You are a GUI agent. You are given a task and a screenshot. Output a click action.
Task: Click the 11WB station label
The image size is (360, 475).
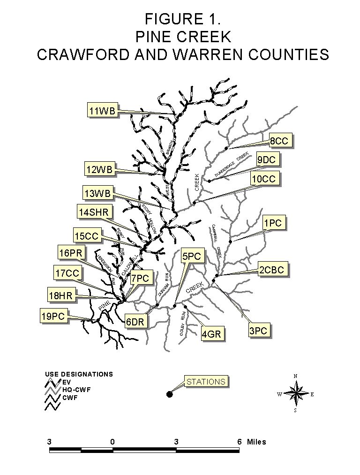click(x=103, y=111)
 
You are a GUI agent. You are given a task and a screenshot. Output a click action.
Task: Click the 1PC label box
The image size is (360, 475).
click(x=272, y=223)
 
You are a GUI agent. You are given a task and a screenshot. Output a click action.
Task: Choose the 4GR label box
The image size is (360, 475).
click(x=211, y=334)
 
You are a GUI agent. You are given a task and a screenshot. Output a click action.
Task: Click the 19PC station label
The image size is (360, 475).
click(x=52, y=317)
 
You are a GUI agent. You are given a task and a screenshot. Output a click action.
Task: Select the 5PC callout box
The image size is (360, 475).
click(x=192, y=256)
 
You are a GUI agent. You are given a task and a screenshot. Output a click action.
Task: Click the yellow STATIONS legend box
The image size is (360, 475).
click(x=206, y=381)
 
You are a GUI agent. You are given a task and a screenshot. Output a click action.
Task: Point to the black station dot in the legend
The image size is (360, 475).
click(x=169, y=394)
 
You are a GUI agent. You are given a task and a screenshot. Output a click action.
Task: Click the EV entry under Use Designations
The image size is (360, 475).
click(x=67, y=382)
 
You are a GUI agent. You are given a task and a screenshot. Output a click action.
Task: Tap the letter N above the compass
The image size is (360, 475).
click(x=295, y=376)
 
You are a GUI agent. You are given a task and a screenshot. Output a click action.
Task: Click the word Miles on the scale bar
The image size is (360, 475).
click(x=256, y=442)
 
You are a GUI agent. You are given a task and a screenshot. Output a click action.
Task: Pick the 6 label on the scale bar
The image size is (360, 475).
click(x=240, y=442)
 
